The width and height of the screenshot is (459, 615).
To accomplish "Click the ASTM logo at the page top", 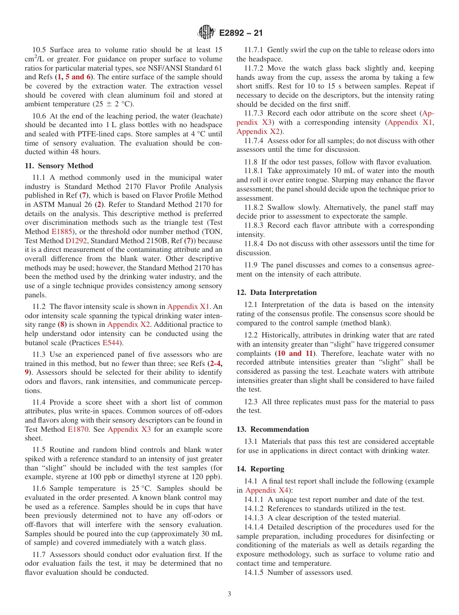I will pos(206,33).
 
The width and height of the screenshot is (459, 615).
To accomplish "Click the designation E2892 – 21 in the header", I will pos(241,33).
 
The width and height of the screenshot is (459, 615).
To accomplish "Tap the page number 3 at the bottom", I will pos(229,594).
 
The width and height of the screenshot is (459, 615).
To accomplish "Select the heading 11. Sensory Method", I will pos(58,166).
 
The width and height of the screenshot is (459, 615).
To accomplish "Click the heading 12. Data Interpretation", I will pos(276,293).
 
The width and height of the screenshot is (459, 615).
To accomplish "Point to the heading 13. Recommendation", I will pos(273,429).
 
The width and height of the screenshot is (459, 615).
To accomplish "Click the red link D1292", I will pos(76,240).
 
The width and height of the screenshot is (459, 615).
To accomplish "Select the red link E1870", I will pos(77,429).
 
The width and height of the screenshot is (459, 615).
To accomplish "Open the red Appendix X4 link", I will pos(267,490).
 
